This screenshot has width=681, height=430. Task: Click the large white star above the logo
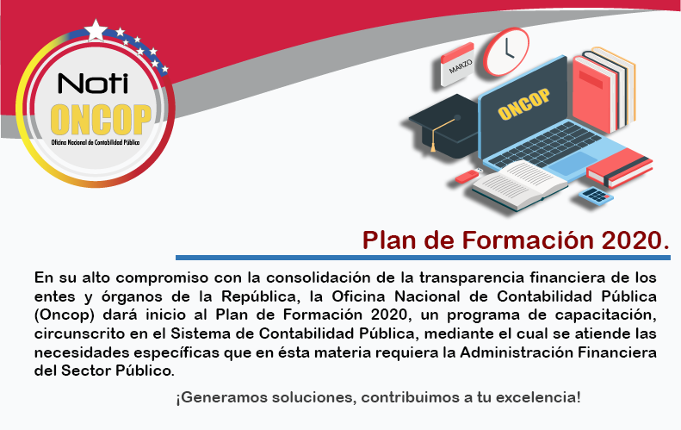(96, 30)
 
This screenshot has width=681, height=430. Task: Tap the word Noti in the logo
(93, 83)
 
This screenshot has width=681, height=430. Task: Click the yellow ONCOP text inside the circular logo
(101, 119)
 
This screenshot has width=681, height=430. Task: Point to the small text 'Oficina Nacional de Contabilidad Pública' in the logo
(96, 142)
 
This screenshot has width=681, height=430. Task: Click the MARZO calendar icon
(457, 64)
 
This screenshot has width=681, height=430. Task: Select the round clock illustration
(506, 52)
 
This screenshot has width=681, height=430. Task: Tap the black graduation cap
(444, 124)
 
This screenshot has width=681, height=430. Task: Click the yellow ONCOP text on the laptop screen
(523, 104)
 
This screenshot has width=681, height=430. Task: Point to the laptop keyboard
(545, 146)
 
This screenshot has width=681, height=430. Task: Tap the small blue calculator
(596, 196)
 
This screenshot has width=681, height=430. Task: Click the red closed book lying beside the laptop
(620, 167)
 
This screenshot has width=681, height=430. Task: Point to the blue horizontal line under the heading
(423, 258)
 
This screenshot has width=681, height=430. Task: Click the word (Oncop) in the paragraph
(65, 315)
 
